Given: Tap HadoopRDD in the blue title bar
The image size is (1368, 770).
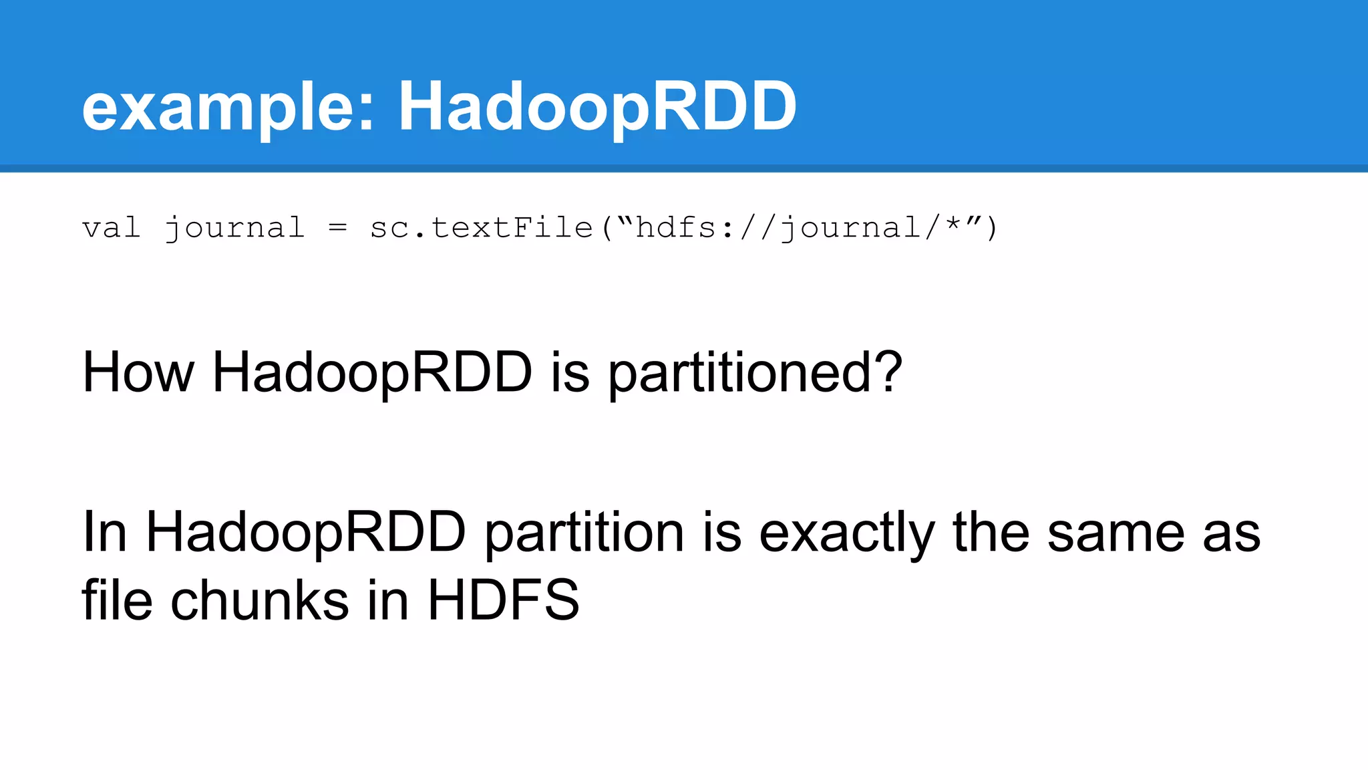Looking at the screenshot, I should click(x=597, y=107).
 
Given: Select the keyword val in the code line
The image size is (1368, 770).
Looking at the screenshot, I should click(x=111, y=228).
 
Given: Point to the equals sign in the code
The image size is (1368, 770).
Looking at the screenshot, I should click(x=338, y=229).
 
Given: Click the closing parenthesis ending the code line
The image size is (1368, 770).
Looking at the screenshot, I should click(x=991, y=228).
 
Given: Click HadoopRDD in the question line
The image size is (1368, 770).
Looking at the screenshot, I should click(x=372, y=372).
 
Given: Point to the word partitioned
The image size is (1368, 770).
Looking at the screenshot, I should click(x=737, y=374).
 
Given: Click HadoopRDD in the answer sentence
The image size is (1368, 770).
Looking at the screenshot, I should click(x=305, y=533).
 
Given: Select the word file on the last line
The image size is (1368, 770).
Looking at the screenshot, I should click(x=118, y=600).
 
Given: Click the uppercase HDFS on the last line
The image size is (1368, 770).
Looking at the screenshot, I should click(x=503, y=600).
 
